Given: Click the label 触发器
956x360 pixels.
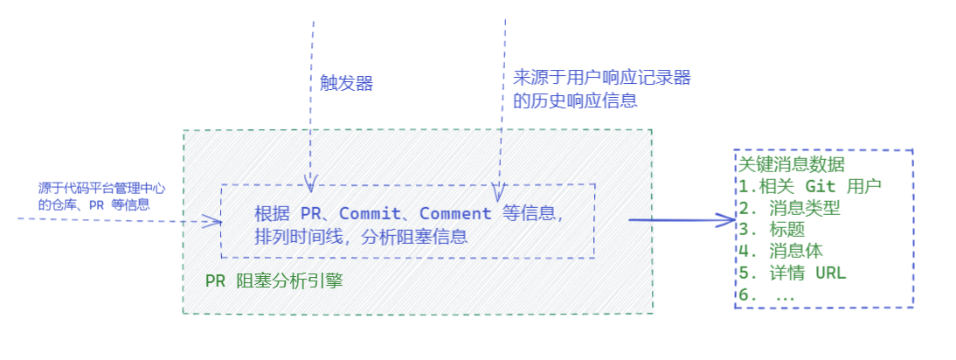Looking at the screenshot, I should pos(346,83).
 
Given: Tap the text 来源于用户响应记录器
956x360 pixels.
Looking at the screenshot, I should pos(602,78).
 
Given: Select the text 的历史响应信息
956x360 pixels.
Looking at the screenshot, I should pos(575,100).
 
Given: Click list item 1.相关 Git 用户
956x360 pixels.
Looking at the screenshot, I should pos(811,186).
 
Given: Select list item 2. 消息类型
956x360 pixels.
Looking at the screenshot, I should pos(789,208).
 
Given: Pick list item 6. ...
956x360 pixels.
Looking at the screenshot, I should pos(767,294).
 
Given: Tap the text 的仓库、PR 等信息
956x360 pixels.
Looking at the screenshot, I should pos(94,204).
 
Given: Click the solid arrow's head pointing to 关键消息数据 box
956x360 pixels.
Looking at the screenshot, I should pos(729,220).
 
